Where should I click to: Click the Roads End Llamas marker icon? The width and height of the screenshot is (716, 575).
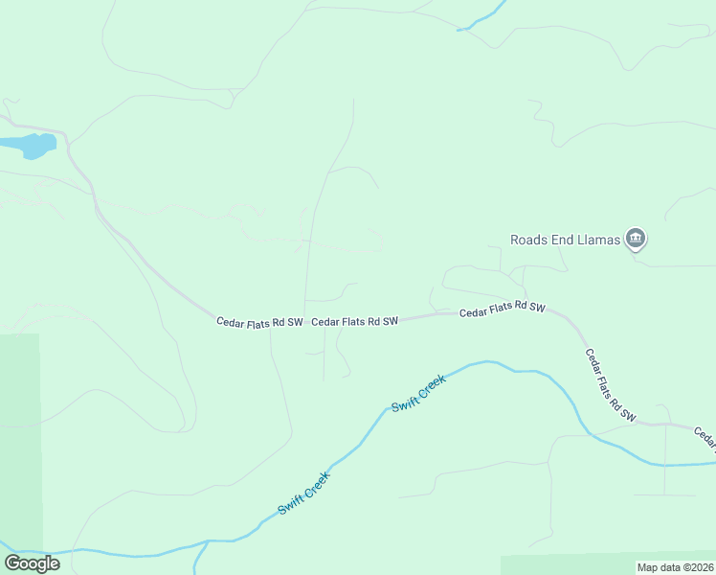tap(636, 239)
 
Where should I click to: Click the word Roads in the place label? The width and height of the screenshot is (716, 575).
tap(528, 239)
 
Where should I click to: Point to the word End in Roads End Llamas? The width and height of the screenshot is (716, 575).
tap(561, 239)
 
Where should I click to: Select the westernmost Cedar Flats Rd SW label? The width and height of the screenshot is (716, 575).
tap(259, 322)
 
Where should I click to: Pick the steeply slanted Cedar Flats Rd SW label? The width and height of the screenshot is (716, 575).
tap(612, 385)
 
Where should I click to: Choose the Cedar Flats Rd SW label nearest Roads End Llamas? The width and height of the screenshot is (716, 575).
tap(502, 310)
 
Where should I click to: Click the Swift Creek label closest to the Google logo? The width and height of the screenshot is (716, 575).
tap(304, 493)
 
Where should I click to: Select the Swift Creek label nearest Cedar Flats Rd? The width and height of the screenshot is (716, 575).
tap(418, 393)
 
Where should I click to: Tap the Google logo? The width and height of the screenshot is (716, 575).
tap(32, 563)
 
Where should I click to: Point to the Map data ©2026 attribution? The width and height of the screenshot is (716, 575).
tap(674, 567)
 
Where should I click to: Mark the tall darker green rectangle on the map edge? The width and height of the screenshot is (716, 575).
tap(20, 441)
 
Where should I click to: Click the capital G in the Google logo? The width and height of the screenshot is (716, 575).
tap(12, 563)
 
